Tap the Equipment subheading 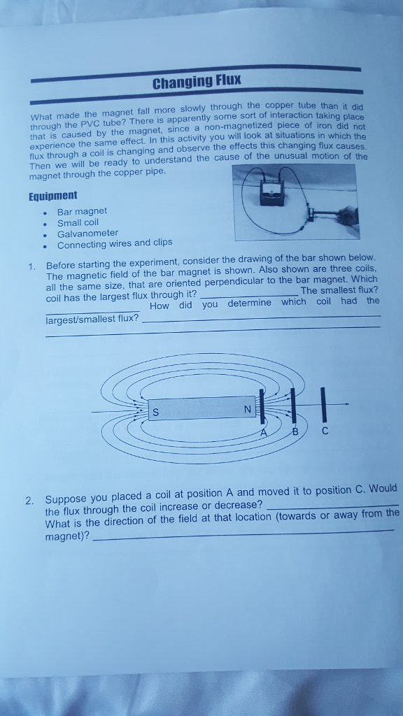click(x=53, y=196)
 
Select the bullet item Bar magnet click(x=82, y=210)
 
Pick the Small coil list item click(x=78, y=222)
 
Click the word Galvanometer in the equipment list click(x=87, y=233)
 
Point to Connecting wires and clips click(x=114, y=244)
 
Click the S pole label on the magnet click(x=155, y=413)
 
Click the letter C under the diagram click(x=325, y=431)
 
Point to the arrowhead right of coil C click(x=346, y=404)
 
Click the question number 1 click(x=32, y=266)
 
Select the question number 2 click(x=29, y=500)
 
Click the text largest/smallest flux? click(x=92, y=319)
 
